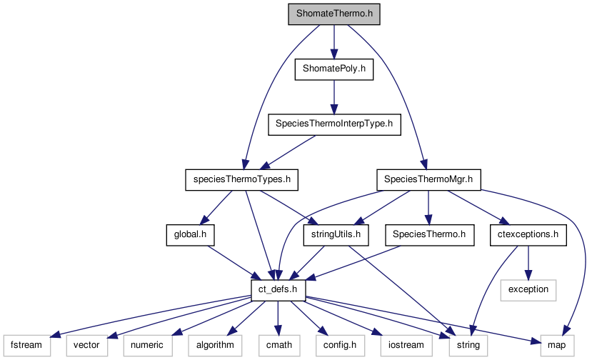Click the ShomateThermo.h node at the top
pyautogui.click(x=333, y=14)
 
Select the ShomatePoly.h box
pyautogui.click(x=333, y=69)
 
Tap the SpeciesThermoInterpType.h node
pyautogui.click(x=333, y=124)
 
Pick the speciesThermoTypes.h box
pyautogui.click(x=242, y=179)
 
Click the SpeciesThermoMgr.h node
pyautogui.click(x=428, y=179)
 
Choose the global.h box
pyautogui.click(x=190, y=234)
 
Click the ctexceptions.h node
pyautogui.click(x=528, y=234)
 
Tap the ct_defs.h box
pyautogui.click(x=279, y=289)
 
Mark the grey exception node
pyautogui.click(x=528, y=289)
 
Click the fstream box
pyautogui.click(x=26, y=345)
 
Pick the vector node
pyautogui.click(x=87, y=345)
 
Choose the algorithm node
pyautogui.click(x=212, y=345)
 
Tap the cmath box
pyautogui.click(x=277, y=345)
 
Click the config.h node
pyautogui.click(x=336, y=345)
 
